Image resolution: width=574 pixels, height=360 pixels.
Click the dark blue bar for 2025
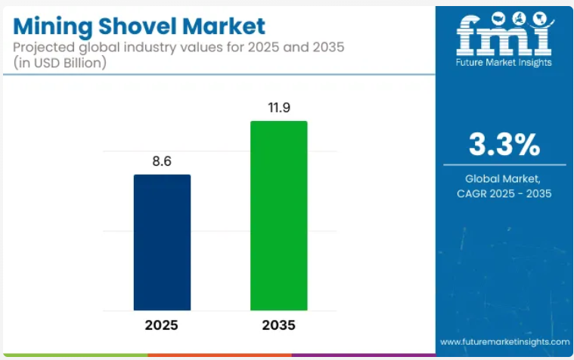point(162,242)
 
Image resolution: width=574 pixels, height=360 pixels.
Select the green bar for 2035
point(278,216)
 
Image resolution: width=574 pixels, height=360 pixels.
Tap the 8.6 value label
point(162,162)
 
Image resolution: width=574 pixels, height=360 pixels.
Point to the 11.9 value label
point(278,107)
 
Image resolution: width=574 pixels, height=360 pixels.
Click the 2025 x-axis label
point(162,326)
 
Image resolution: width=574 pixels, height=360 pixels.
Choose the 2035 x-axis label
point(278,326)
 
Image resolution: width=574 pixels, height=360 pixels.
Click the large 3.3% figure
point(504,144)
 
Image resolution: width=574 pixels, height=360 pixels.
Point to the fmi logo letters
point(504,33)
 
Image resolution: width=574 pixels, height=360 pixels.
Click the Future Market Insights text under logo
point(504,63)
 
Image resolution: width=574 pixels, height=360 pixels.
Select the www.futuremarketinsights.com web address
point(504,341)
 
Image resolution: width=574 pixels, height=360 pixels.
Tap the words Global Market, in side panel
point(504,178)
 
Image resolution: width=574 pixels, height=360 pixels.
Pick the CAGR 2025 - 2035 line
point(504,194)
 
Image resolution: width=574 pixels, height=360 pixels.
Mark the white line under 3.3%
point(504,164)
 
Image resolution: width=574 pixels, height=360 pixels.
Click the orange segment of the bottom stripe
point(219,355)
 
